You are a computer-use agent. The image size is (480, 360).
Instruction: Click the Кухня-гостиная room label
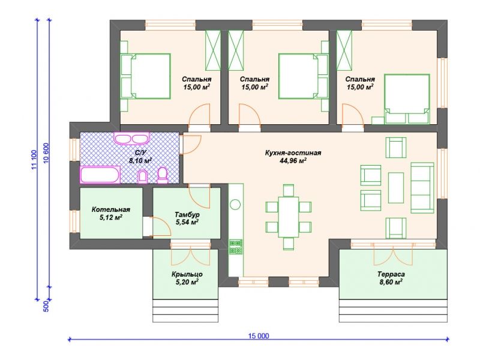293,153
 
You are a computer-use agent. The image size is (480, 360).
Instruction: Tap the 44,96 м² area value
293,161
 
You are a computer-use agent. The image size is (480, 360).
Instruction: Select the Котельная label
111,209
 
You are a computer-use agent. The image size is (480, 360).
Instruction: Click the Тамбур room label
187,214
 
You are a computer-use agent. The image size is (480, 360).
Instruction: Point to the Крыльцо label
187,275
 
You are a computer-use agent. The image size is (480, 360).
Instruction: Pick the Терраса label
391,274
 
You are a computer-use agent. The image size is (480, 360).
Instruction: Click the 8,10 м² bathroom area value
140,161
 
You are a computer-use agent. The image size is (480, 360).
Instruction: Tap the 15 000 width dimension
259,336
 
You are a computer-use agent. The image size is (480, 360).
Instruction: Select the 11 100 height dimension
34,160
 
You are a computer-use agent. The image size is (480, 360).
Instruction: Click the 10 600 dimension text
46,153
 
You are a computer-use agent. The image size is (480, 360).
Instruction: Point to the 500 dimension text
46,307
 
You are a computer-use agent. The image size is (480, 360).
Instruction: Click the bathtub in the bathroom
100,175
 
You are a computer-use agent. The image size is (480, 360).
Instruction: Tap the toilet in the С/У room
163,175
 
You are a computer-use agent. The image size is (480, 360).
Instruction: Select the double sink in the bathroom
131,138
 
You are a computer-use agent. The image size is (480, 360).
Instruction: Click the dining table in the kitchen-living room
289,217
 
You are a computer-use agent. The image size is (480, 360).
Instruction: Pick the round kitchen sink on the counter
235,204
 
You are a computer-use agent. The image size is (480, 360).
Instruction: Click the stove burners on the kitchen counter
236,247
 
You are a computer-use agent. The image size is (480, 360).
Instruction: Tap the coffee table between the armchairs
396,187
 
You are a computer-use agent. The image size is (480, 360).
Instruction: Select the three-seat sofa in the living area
422,188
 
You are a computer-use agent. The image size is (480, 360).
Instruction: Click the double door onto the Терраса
393,254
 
